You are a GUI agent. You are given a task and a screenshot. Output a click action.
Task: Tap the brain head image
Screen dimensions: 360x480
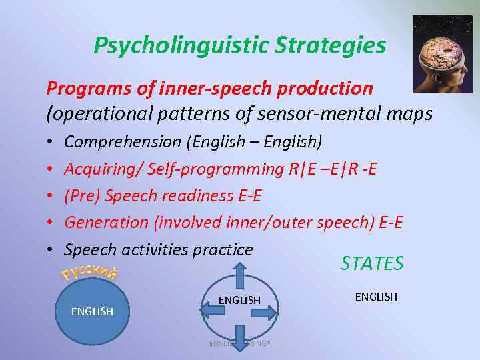(443, 53)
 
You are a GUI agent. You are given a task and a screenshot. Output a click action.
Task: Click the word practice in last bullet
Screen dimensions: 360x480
(223, 250)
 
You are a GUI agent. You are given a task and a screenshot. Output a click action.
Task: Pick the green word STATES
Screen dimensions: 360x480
(372, 263)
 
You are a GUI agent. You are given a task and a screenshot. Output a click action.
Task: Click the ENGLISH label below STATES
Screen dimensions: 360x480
(376, 297)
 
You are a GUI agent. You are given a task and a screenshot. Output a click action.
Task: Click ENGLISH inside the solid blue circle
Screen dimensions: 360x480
(92, 311)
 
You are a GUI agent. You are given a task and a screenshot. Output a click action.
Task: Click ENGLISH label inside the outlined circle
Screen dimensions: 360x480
(239, 301)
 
